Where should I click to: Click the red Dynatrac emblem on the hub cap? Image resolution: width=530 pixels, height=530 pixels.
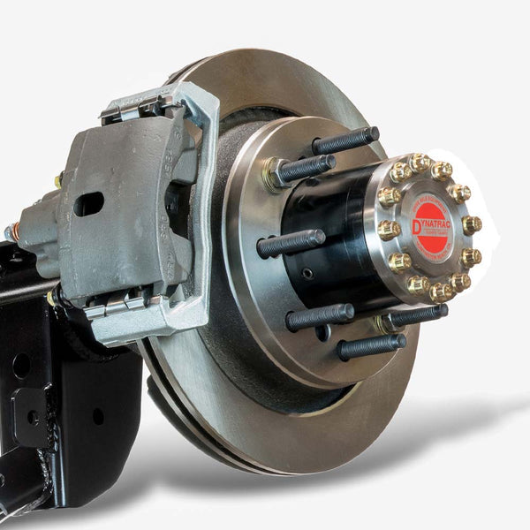pos(430,227)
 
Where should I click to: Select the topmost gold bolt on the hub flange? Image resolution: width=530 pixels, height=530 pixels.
pos(420,163)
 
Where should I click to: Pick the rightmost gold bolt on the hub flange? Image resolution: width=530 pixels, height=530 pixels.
pos(473,224)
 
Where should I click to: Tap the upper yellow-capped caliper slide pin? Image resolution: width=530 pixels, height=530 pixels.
pos(58,179)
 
